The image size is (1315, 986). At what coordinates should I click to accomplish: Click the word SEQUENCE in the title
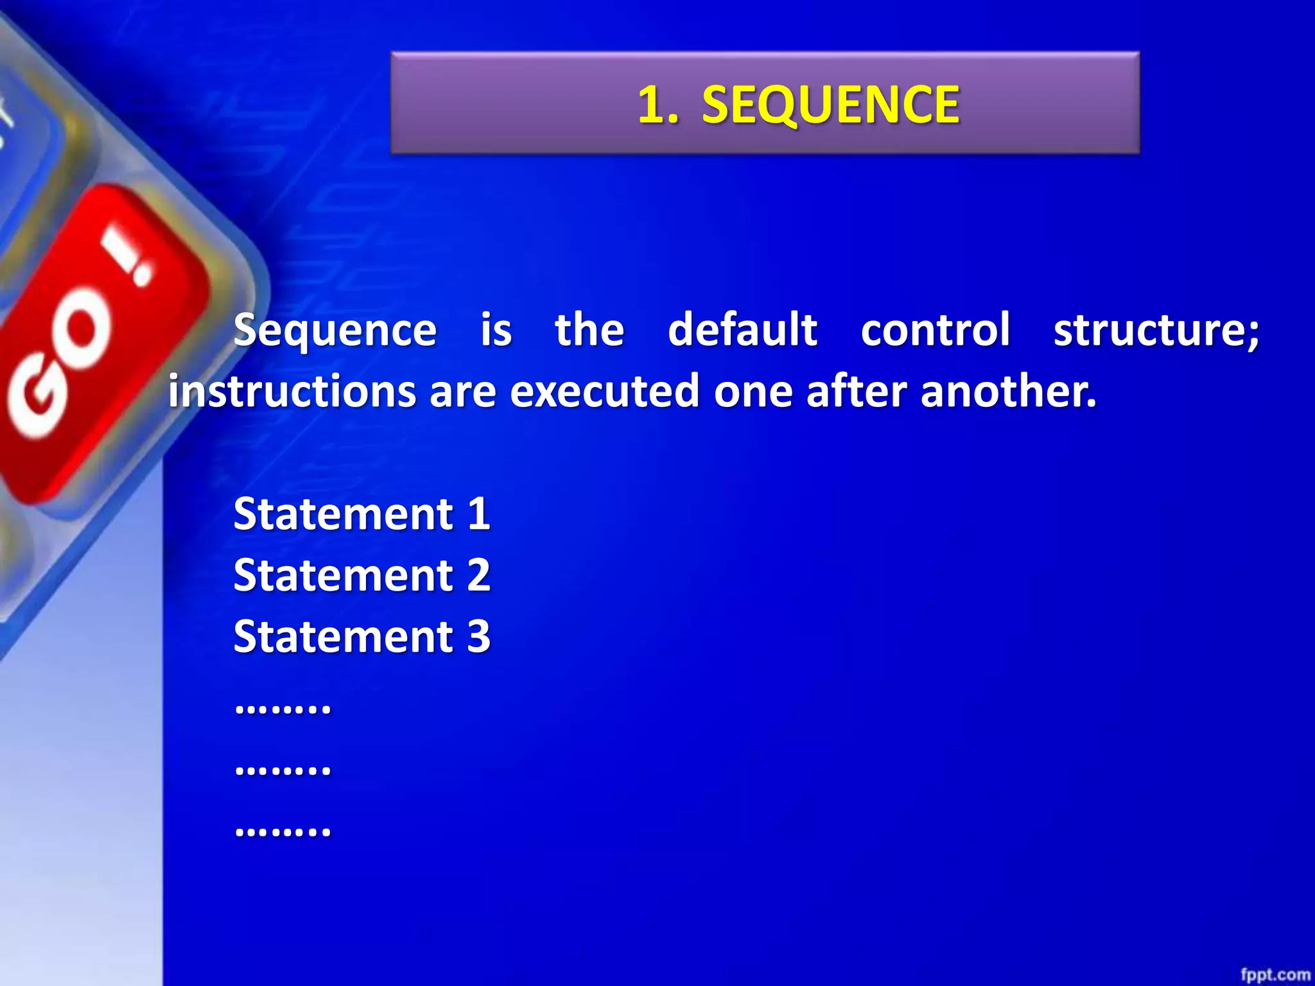pyautogui.click(x=830, y=105)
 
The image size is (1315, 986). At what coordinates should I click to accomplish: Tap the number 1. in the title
pyautogui.click(x=657, y=105)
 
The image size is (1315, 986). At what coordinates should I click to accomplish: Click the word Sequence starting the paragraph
pyautogui.click(x=335, y=331)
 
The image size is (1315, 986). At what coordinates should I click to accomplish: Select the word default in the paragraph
pyautogui.click(x=742, y=329)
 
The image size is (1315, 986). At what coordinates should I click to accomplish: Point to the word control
pyautogui.click(x=935, y=329)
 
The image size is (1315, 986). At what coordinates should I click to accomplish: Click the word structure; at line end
pyautogui.click(x=1156, y=331)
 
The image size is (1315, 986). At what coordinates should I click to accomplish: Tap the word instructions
pyautogui.click(x=292, y=391)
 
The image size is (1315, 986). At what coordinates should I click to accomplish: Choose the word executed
pyautogui.click(x=604, y=391)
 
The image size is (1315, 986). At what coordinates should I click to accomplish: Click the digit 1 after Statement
pyautogui.click(x=478, y=514)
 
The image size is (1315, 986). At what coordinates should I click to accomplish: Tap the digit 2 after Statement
pyautogui.click(x=478, y=575)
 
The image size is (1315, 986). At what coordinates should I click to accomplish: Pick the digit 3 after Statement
pyautogui.click(x=478, y=636)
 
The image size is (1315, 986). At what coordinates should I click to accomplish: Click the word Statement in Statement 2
pyautogui.click(x=344, y=575)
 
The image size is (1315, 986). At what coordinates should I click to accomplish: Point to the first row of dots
pyautogui.click(x=283, y=709)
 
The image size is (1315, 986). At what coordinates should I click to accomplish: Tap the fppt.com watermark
pyautogui.click(x=1275, y=974)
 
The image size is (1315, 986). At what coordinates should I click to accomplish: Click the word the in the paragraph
pyautogui.click(x=589, y=329)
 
